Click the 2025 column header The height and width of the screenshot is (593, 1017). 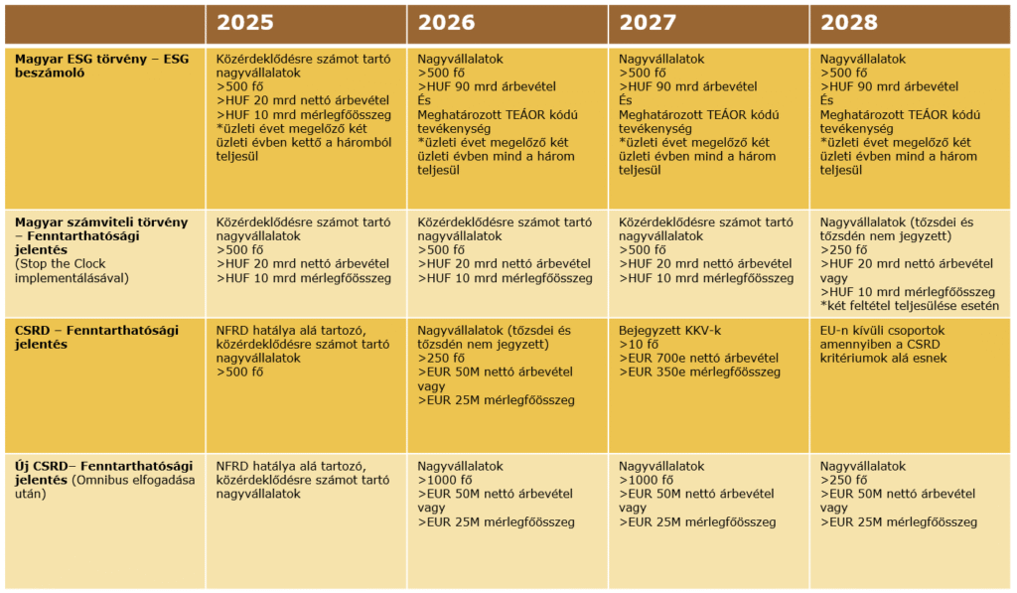(x=245, y=23)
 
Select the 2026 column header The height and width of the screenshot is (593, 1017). (x=447, y=23)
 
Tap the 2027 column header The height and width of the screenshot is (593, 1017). (x=648, y=23)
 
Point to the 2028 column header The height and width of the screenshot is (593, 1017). (x=849, y=23)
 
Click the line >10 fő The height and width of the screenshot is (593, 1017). (x=640, y=344)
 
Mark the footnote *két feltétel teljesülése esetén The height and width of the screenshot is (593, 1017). (x=909, y=305)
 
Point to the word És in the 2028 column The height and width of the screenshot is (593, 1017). (x=827, y=100)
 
